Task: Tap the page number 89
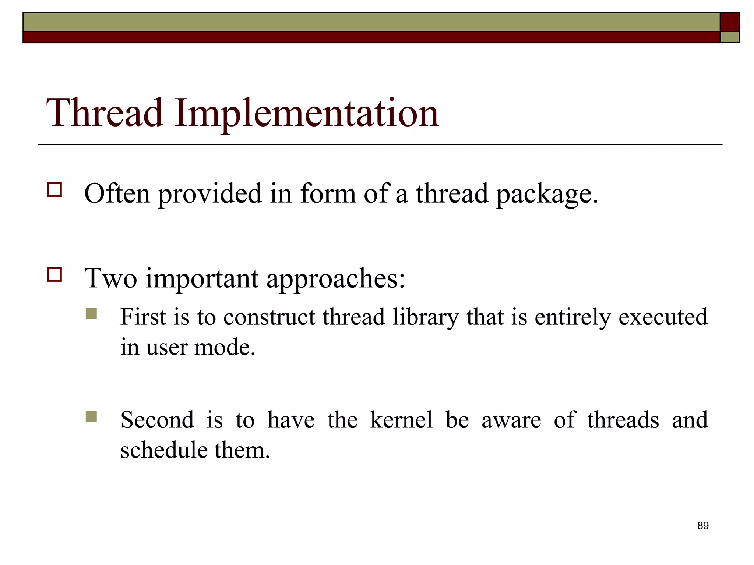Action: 702,526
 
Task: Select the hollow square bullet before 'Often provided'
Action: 54,190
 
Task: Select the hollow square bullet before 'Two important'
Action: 54,274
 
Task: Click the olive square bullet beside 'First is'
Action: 91,313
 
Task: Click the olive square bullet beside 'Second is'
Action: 91,416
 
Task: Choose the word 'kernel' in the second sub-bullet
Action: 401,420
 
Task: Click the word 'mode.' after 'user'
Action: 225,347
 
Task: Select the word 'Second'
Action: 157,420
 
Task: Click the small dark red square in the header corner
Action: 729,22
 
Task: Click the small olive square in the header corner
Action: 729,37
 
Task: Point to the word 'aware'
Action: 511,420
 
